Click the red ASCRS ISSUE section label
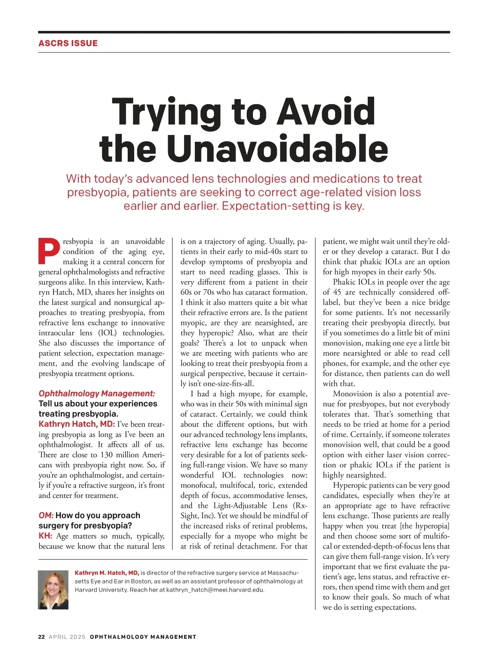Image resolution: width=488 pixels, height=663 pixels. tap(68, 43)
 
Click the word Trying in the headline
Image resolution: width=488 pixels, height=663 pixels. tap(166, 112)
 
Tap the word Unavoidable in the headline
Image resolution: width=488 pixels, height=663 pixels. tap(277, 149)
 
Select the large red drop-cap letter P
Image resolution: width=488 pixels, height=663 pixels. tap(49, 250)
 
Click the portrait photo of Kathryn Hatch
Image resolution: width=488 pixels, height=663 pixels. tap(53, 589)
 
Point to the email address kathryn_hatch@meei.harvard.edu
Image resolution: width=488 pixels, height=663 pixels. tap(215, 590)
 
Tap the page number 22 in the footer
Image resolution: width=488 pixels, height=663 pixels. tap(41, 637)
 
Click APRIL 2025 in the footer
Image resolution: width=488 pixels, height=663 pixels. tap(67, 637)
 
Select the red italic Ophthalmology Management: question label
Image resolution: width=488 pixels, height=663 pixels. tap(97, 393)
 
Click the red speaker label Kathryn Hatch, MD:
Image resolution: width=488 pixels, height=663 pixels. tap(77, 424)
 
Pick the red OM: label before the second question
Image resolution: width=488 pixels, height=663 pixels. tap(46, 515)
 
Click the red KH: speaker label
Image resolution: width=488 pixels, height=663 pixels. tap(45, 536)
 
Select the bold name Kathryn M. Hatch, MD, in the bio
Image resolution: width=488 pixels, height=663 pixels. tap(107, 573)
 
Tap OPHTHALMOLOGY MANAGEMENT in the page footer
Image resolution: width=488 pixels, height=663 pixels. tap(143, 637)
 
